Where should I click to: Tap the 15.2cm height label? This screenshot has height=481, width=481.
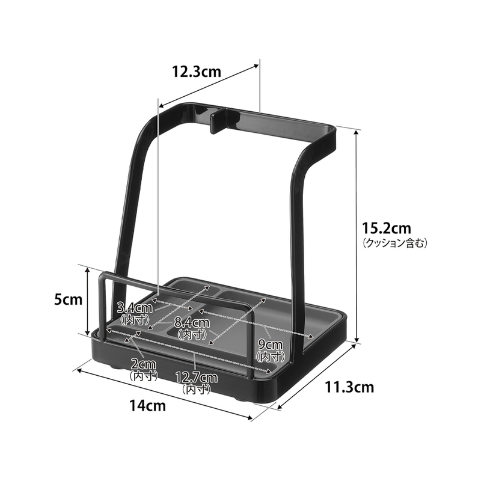point(387,228)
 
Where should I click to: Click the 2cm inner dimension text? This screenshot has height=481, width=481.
point(144,364)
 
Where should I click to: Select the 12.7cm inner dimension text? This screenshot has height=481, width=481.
point(196,378)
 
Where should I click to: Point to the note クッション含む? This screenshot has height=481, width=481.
point(395,244)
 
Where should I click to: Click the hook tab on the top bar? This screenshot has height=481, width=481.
point(216,120)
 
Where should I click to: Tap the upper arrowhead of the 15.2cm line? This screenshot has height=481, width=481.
point(359,129)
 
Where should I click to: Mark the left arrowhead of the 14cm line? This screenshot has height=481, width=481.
point(76,370)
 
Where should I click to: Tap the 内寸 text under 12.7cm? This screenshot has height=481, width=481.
point(196,388)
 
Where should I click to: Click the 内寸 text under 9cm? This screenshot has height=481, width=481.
point(270,356)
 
